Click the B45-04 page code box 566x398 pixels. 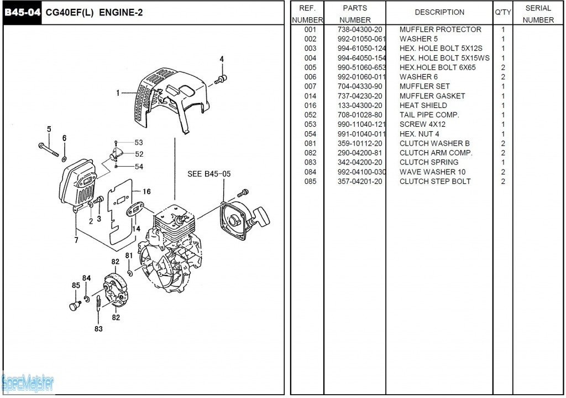click(x=23, y=12)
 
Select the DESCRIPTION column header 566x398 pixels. click(x=439, y=12)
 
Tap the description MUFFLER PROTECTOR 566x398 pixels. click(x=440, y=29)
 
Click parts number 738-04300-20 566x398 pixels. click(x=359, y=29)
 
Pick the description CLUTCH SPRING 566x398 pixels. click(x=428, y=162)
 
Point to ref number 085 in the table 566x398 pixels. click(x=310, y=181)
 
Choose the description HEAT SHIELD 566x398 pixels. click(x=423, y=105)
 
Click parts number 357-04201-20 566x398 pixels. click(x=359, y=181)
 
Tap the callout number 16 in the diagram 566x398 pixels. click(x=146, y=192)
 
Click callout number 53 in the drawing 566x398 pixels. click(x=139, y=143)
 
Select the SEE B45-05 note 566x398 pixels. click(x=209, y=174)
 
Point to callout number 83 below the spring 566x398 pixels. click(x=98, y=329)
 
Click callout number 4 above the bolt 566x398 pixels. click(x=222, y=59)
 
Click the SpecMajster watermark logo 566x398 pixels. click(x=28, y=382)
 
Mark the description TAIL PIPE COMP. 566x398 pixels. click(x=429, y=115)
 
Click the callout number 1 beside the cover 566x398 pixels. click(x=118, y=93)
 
